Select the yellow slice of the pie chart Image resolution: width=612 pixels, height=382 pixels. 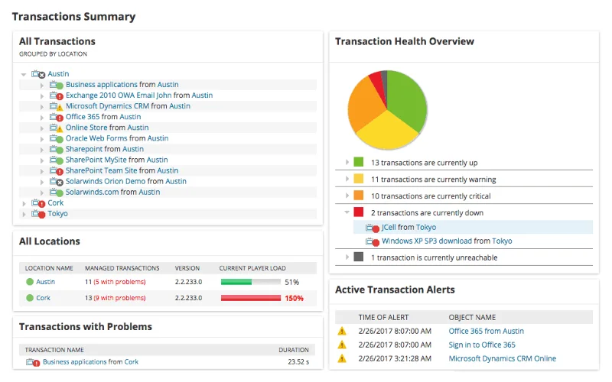[386, 131]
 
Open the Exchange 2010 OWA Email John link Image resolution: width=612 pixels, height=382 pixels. [119, 95]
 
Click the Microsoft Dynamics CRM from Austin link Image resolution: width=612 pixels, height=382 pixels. [128, 106]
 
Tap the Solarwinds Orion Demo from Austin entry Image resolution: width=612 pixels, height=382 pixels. [126, 181]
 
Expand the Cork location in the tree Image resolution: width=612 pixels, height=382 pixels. [24, 203]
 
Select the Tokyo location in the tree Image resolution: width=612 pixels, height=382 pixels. [58, 214]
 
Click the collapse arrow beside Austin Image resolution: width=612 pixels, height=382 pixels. [24, 74]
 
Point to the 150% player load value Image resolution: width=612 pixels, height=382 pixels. [294, 298]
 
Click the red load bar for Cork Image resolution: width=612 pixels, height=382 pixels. [251, 298]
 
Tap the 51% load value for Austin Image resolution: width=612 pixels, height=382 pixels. [292, 282]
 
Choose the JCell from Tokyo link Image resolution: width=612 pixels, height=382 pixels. [409, 227]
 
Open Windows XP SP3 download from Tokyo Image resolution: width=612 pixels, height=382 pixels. [447, 241]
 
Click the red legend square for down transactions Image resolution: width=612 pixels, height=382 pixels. [358, 212]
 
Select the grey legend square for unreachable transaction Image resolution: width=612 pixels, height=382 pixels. [358, 257]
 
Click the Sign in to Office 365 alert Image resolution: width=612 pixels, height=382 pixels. [482, 345]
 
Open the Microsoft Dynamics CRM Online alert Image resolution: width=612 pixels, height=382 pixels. [503, 358]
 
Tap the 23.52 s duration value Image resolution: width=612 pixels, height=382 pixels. [298, 361]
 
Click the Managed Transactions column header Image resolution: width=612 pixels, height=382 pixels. [122, 268]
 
